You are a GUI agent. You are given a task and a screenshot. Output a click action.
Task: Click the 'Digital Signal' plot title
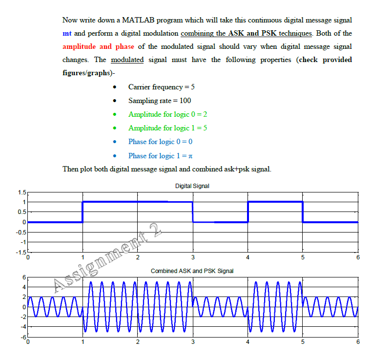tap(192, 186)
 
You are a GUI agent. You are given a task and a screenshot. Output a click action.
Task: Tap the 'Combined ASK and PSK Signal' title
tap(192, 271)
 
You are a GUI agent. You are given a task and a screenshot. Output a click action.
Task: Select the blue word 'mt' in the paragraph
tap(67, 33)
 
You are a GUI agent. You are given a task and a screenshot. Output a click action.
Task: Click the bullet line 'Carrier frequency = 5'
tap(162, 87)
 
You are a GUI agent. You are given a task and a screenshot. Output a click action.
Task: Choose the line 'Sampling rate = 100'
tap(160, 101)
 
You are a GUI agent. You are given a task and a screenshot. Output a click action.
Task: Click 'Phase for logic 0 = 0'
tap(160, 142)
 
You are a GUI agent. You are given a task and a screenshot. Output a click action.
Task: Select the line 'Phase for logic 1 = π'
tap(160, 156)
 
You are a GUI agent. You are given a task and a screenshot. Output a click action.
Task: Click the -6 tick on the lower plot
tap(21, 337)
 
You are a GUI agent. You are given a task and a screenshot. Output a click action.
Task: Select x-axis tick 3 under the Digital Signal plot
tap(193, 257)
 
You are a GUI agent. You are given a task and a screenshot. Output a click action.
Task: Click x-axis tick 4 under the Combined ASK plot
tap(248, 342)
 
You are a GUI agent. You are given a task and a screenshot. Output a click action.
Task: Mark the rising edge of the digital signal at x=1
tap(83, 212)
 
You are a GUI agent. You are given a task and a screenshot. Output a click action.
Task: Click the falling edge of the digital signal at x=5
tap(303, 212)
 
